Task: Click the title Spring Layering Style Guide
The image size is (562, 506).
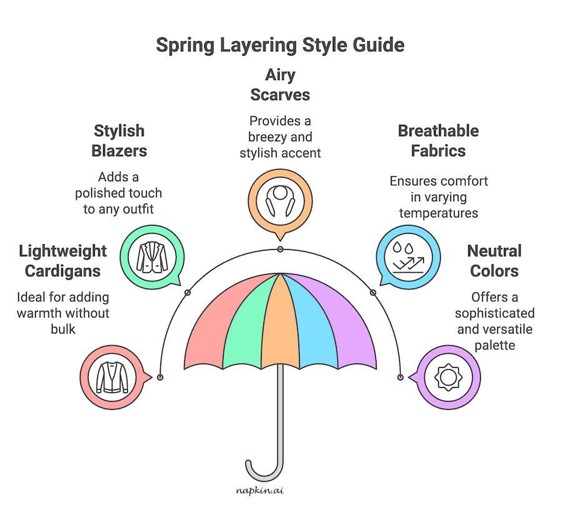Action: click(x=280, y=46)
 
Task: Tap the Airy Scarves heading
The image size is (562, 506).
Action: click(x=280, y=86)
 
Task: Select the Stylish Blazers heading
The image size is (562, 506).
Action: click(x=119, y=141)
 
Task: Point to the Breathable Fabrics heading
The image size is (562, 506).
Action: click(x=438, y=141)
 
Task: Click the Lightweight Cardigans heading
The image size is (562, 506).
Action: click(x=63, y=261)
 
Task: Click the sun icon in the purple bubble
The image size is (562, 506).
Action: click(x=447, y=378)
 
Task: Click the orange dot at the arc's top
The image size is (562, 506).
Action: click(x=280, y=250)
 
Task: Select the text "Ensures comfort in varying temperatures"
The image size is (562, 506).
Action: click(x=438, y=197)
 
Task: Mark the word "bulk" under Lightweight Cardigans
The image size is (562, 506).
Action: click(x=63, y=328)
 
